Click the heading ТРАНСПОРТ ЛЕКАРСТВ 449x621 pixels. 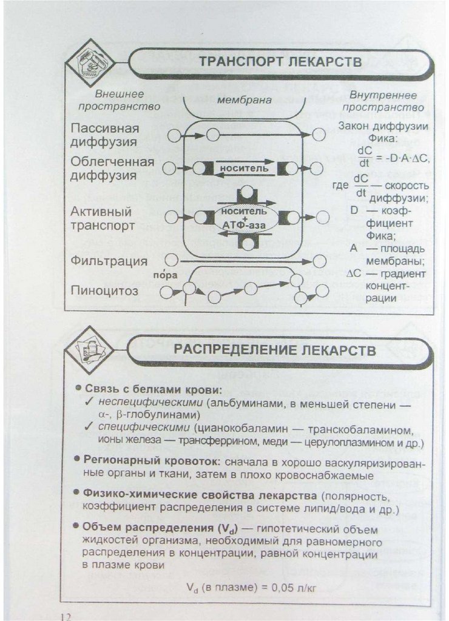280,62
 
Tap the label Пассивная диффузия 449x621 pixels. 104,135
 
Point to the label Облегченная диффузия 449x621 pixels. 112,169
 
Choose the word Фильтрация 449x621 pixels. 109,261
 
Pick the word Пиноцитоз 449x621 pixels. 104,290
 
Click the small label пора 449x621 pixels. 165,275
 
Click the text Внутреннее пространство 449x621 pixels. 383,101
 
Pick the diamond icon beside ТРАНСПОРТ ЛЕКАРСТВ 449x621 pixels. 90,61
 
